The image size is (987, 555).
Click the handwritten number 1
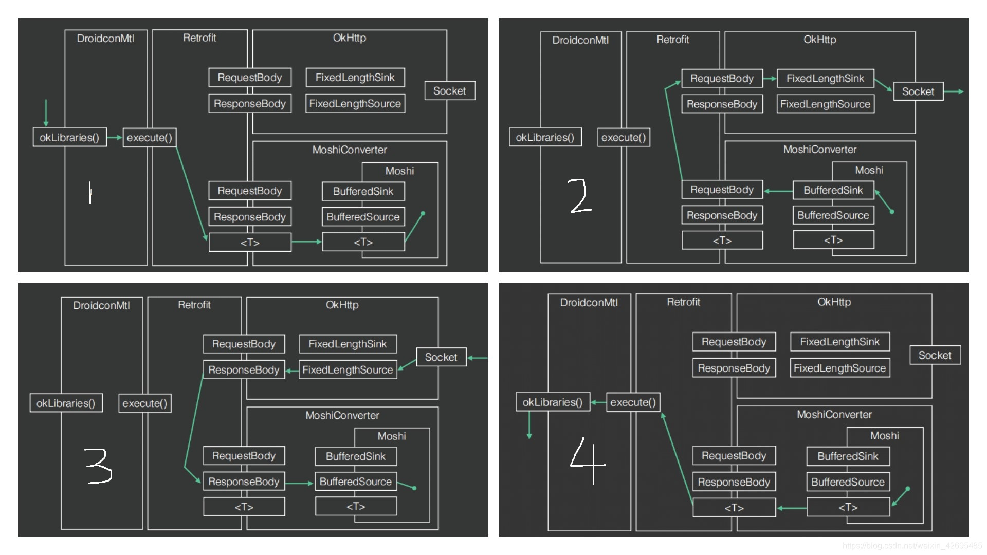(x=90, y=192)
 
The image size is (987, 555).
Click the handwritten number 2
(x=580, y=196)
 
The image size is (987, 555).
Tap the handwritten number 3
(x=98, y=466)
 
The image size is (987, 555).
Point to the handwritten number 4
(x=588, y=460)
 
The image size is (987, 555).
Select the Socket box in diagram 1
(x=449, y=91)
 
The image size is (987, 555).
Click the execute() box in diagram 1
(x=149, y=138)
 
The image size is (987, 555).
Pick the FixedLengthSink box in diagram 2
(x=825, y=79)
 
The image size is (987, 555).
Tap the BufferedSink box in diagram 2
(x=833, y=190)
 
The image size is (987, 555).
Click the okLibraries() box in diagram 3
(x=66, y=403)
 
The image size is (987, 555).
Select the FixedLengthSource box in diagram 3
(x=348, y=370)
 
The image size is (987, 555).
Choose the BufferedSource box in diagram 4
(x=848, y=482)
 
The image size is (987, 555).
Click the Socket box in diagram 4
(x=935, y=355)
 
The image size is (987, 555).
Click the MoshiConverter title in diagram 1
(x=350, y=150)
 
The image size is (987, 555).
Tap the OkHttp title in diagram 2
(x=819, y=40)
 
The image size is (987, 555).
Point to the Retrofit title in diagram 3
(x=194, y=305)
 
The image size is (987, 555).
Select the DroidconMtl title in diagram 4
(x=589, y=303)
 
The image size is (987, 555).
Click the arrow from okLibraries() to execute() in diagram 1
(x=115, y=138)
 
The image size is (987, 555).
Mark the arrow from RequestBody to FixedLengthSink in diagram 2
(x=770, y=79)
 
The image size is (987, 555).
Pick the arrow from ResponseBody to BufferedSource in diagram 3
(x=299, y=483)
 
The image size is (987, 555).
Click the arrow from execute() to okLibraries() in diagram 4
(x=598, y=402)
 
